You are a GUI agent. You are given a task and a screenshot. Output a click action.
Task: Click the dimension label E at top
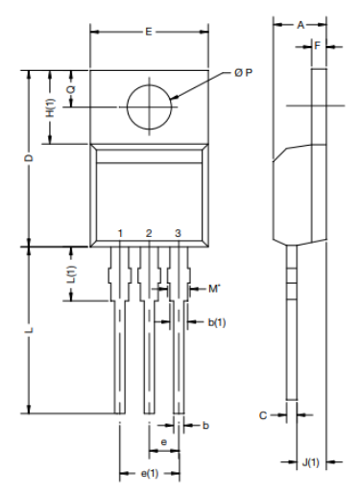coord(148,32)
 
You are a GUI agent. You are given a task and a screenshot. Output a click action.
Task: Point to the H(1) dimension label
coord(50,107)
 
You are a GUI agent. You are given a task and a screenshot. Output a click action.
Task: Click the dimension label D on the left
coord(30,157)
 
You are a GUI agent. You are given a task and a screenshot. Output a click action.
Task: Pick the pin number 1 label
coord(120,233)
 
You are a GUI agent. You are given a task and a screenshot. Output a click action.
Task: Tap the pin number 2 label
coord(148,233)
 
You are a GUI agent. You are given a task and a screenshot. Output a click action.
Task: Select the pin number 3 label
coord(178,233)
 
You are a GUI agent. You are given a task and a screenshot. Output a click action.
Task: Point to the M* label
coord(214,288)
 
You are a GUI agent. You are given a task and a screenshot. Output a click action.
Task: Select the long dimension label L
coord(30,330)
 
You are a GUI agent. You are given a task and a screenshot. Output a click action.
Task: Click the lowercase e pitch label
coord(164,441)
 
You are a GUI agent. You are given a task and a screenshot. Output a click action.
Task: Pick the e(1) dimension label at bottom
coord(150,473)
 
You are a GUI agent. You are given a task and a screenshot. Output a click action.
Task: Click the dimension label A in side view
coord(300,24)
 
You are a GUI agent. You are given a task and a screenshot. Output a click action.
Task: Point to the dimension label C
coord(262,415)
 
